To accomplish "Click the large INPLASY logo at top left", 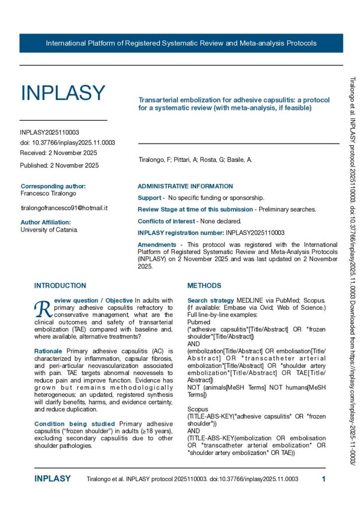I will click(x=63, y=93).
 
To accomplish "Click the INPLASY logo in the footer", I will click(x=52, y=479).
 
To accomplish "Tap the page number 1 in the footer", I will click(x=324, y=479).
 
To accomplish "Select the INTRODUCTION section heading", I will click(x=60, y=286).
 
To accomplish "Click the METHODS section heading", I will click(x=204, y=286).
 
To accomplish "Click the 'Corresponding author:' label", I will click(x=53, y=186).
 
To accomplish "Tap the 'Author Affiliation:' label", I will click(x=46, y=222).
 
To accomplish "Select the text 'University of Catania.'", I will click(x=49, y=230).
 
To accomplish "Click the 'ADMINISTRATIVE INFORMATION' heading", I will click(x=185, y=186).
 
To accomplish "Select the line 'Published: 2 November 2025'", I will click(x=59, y=166).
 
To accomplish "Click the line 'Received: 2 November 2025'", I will click(x=58, y=153).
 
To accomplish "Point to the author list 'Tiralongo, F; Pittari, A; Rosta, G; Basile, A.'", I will click(x=195, y=160).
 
